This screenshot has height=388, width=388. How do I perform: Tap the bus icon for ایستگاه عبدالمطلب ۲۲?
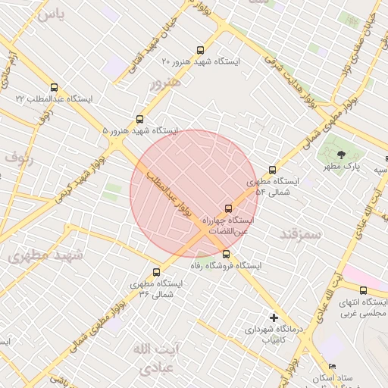(53, 87)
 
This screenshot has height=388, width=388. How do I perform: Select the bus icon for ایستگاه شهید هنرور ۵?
(139, 119)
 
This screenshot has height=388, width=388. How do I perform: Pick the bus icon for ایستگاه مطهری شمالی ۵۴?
(272, 171)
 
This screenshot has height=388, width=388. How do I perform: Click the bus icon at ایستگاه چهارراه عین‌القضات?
(228, 208)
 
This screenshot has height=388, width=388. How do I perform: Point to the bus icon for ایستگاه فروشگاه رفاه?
(227, 255)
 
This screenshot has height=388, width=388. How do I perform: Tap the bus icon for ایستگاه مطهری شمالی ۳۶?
(157, 272)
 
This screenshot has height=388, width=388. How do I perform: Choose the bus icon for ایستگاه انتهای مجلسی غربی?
(363, 290)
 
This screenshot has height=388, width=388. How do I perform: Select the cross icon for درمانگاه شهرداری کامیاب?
(274, 318)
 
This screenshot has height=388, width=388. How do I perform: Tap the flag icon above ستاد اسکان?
(332, 367)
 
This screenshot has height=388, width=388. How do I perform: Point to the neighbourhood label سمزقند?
(300, 233)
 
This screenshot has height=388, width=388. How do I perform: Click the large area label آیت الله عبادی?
(154, 358)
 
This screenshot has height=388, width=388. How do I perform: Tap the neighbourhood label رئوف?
(19, 158)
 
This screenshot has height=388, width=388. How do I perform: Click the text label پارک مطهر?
(343, 166)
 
